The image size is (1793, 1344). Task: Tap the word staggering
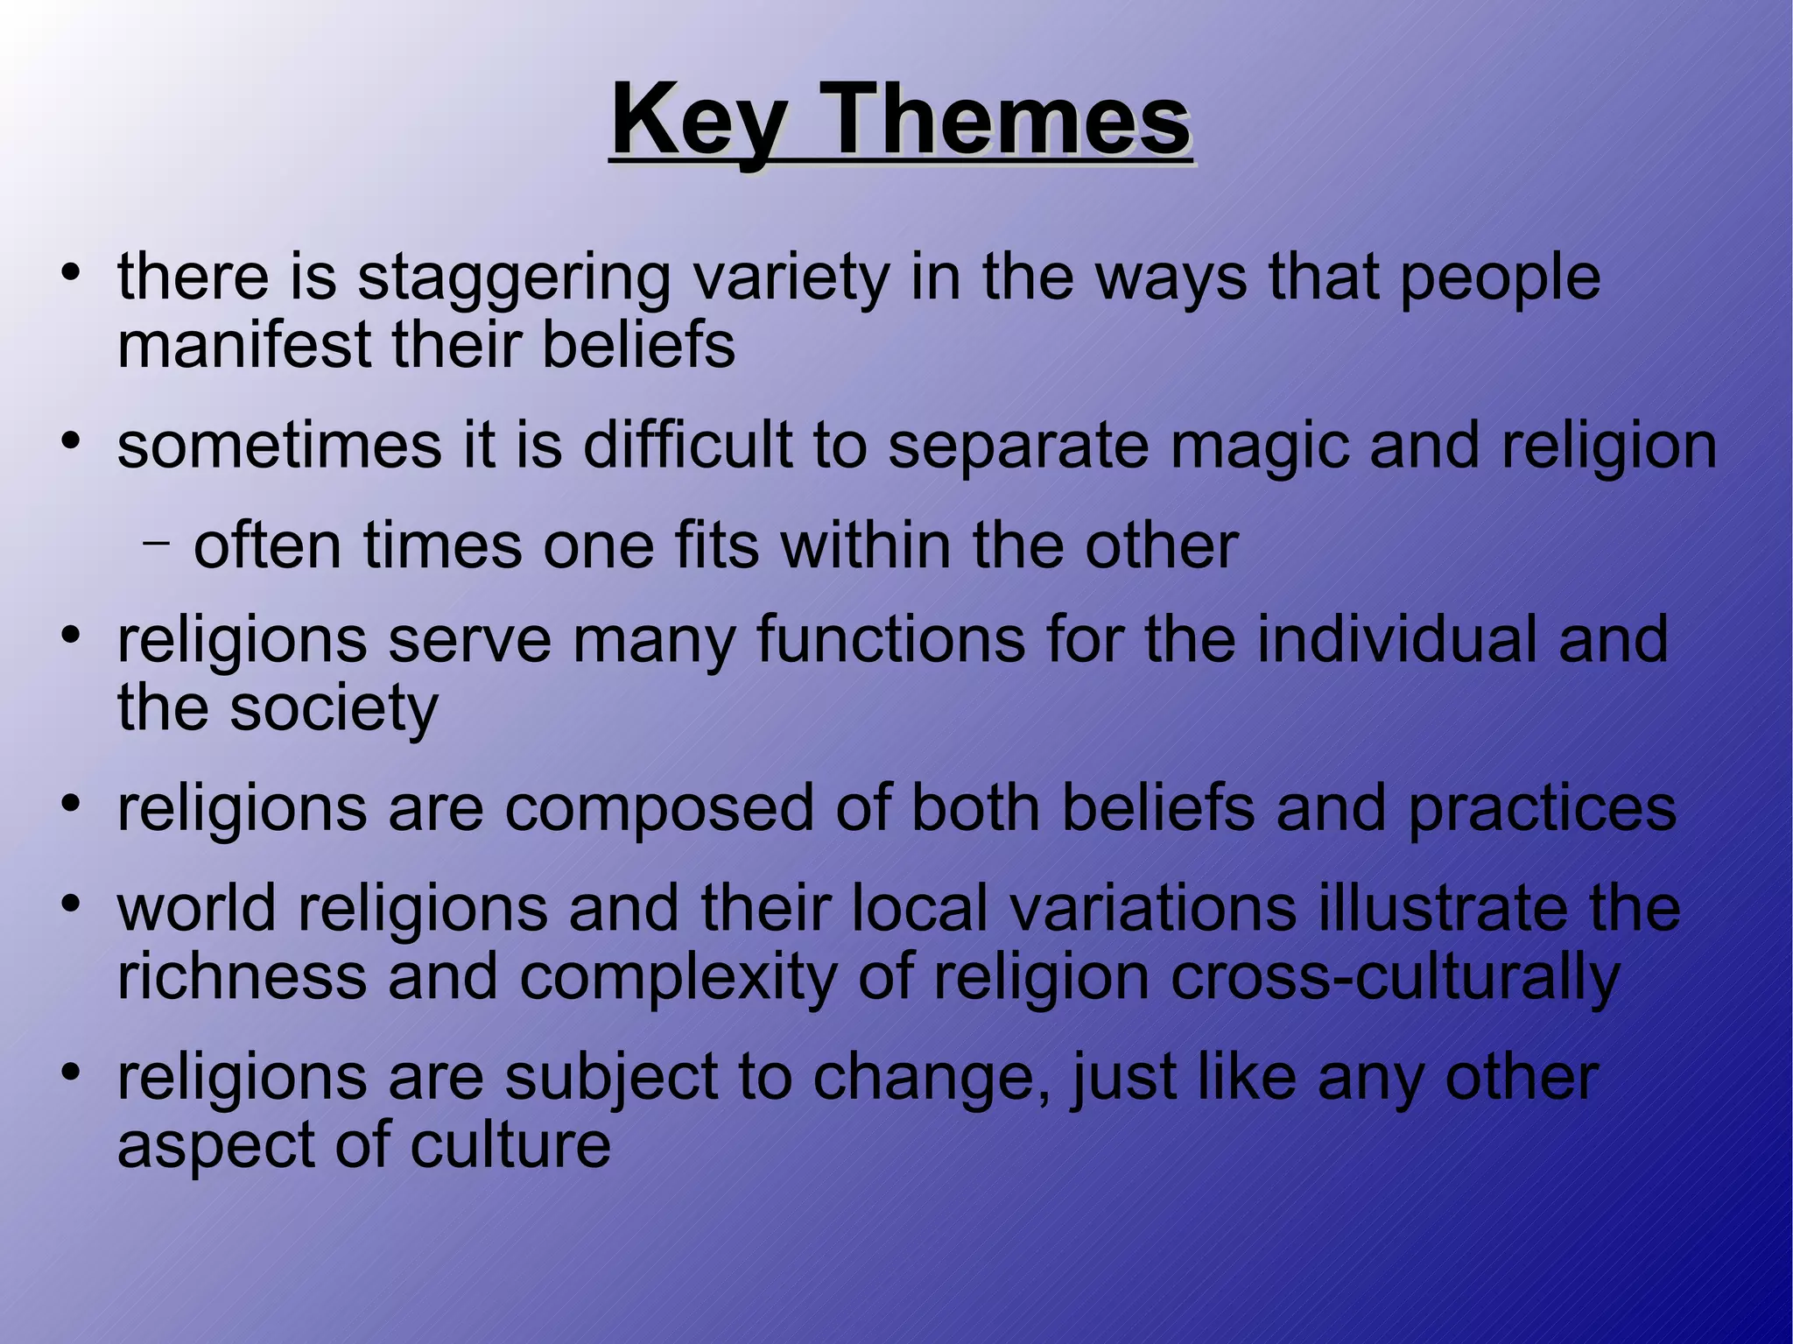click(514, 278)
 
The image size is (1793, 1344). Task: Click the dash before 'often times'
click(156, 543)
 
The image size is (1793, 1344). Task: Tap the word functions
click(890, 639)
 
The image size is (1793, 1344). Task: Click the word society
click(334, 708)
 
